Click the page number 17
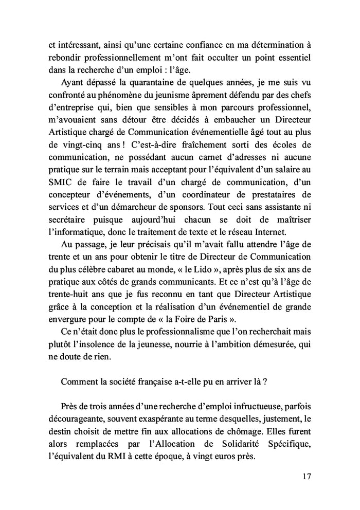click(307, 476)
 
